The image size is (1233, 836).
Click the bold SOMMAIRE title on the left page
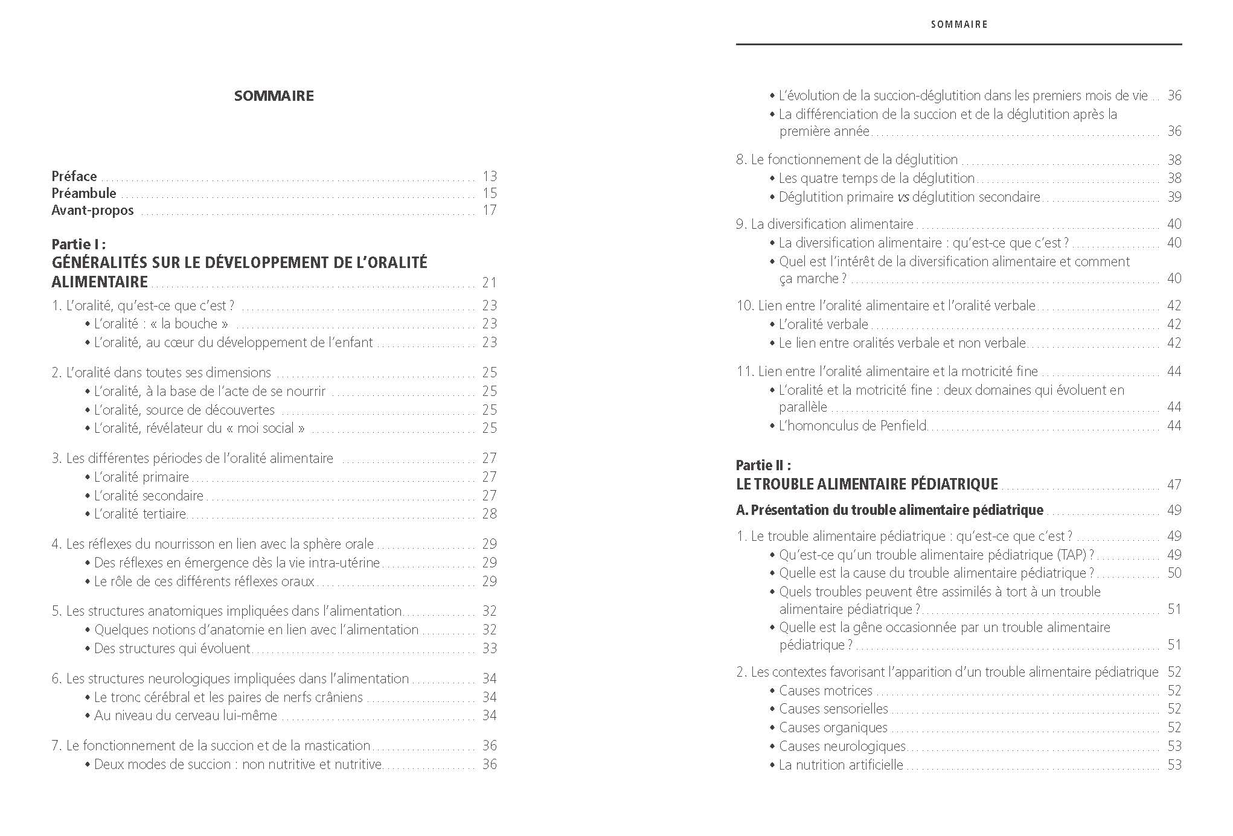pos(274,96)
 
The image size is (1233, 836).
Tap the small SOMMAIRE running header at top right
pos(959,25)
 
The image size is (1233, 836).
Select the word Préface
pos(74,176)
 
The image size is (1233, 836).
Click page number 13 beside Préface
pos(489,176)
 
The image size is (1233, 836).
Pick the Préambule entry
pos(84,193)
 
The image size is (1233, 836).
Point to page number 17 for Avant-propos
pos(489,210)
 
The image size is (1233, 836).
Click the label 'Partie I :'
pos(78,244)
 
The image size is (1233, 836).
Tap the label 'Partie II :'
pos(763,465)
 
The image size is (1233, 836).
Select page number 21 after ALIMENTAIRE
pos(489,282)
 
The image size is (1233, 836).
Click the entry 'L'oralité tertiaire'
pos(140,514)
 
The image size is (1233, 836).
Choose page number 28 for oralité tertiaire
pos(489,514)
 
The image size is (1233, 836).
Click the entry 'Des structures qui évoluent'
pos(172,648)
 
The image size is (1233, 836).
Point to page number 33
pos(489,648)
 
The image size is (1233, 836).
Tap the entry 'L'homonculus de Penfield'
pos(853,426)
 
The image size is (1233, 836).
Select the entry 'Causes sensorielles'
pos(833,709)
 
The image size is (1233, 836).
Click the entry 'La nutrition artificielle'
pos(841,765)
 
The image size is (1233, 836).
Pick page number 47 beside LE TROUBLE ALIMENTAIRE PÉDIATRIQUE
pos(1174,485)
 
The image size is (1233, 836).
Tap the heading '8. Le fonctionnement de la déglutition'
pos(847,160)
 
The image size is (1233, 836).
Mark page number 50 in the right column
pos(1174,573)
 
